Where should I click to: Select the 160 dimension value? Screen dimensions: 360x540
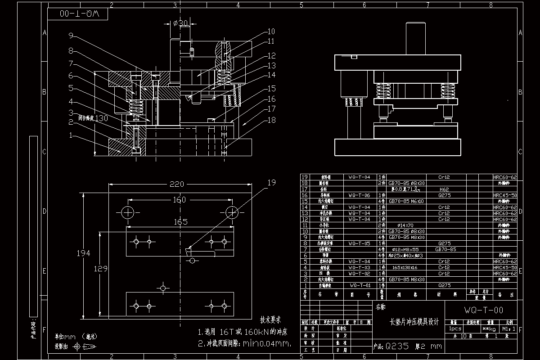pyautogui.click(x=179, y=200)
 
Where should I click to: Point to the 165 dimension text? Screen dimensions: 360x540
pyautogui.click(x=180, y=222)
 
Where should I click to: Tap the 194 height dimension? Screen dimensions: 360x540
pyautogui.click(x=84, y=253)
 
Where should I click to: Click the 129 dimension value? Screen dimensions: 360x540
pyautogui.click(x=101, y=269)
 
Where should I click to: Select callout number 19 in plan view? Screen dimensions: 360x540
pyautogui.click(x=271, y=183)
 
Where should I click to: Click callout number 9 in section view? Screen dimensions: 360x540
pyautogui.click(x=71, y=36)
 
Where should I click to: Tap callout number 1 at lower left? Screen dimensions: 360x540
pyautogui.click(x=71, y=135)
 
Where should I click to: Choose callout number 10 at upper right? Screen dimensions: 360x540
pyautogui.click(x=271, y=31)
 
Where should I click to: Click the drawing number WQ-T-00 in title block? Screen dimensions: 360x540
pyautogui.click(x=484, y=310)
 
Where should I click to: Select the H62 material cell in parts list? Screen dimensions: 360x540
pyautogui.click(x=444, y=189)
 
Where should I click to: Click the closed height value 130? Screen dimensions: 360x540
pyautogui.click(x=102, y=118)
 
